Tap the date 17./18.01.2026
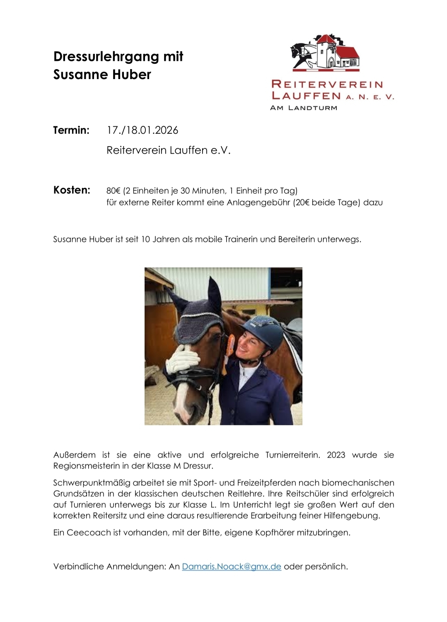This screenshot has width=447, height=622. (142, 130)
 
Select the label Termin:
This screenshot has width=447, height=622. (71, 130)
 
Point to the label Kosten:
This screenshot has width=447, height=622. (72, 190)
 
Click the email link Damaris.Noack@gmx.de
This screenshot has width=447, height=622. (232, 567)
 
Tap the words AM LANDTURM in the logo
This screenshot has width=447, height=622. (304, 108)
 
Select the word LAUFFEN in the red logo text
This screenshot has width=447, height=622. (306, 96)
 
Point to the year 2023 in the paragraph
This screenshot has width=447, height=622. (336, 455)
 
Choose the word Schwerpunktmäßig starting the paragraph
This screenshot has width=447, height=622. (92, 483)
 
